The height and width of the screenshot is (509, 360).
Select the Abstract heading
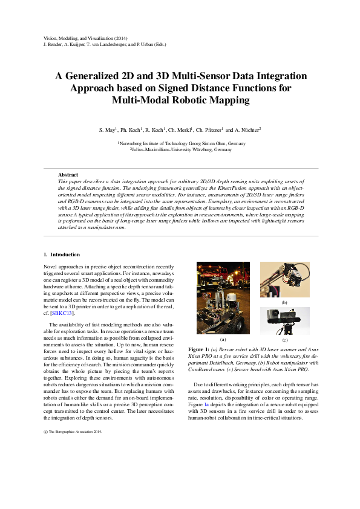pos(68,175)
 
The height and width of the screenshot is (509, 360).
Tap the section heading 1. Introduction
pos(62,254)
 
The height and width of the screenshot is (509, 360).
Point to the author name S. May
pos(108,130)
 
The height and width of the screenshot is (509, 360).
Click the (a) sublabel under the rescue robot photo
pos(223,340)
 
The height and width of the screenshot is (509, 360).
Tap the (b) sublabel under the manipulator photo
pos(284,302)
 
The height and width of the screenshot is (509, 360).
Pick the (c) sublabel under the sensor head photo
pos(284,341)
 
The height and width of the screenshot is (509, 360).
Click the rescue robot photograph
pos(223,297)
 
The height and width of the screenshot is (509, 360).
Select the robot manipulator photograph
pos(284,279)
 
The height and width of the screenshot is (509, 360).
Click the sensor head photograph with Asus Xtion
pos(284,321)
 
